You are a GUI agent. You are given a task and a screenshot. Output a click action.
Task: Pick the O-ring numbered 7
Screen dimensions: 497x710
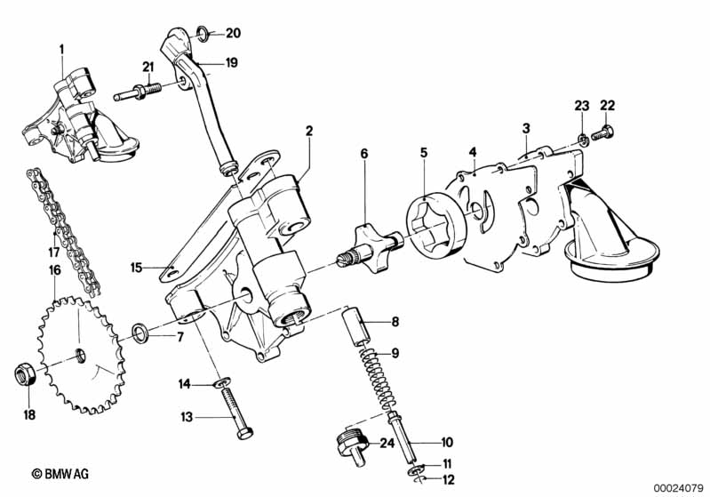click(140, 333)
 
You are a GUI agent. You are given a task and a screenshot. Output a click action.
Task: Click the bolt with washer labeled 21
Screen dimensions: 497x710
click(139, 92)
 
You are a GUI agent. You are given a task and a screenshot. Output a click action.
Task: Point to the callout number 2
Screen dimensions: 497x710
click(309, 132)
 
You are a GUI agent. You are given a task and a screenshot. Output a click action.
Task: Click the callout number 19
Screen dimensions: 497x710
click(231, 62)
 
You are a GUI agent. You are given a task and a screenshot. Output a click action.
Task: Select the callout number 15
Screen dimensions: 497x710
click(136, 266)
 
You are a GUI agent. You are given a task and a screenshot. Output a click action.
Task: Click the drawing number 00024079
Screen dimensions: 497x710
click(679, 486)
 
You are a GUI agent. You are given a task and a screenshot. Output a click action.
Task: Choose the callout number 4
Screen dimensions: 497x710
click(474, 151)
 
